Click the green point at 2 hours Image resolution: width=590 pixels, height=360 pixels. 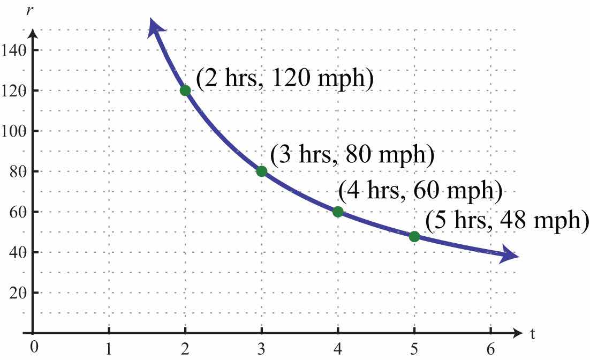(185, 90)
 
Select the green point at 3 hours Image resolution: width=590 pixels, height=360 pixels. (261, 171)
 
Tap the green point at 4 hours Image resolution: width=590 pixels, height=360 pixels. (338, 212)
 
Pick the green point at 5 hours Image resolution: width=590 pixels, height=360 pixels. (414, 236)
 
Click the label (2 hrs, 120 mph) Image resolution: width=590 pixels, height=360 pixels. (283, 79)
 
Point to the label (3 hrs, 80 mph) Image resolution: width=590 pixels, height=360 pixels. (352, 155)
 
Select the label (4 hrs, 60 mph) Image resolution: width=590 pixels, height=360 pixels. (420, 191)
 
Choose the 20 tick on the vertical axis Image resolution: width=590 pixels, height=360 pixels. (17, 293)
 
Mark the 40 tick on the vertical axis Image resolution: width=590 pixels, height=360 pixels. (17, 252)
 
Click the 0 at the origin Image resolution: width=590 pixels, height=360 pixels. (34, 347)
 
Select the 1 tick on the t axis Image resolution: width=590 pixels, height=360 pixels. (109, 348)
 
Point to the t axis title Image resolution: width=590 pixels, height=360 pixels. (533, 334)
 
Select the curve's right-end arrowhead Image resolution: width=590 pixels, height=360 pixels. (510, 257)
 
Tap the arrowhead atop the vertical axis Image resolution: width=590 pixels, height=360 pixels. (33, 33)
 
